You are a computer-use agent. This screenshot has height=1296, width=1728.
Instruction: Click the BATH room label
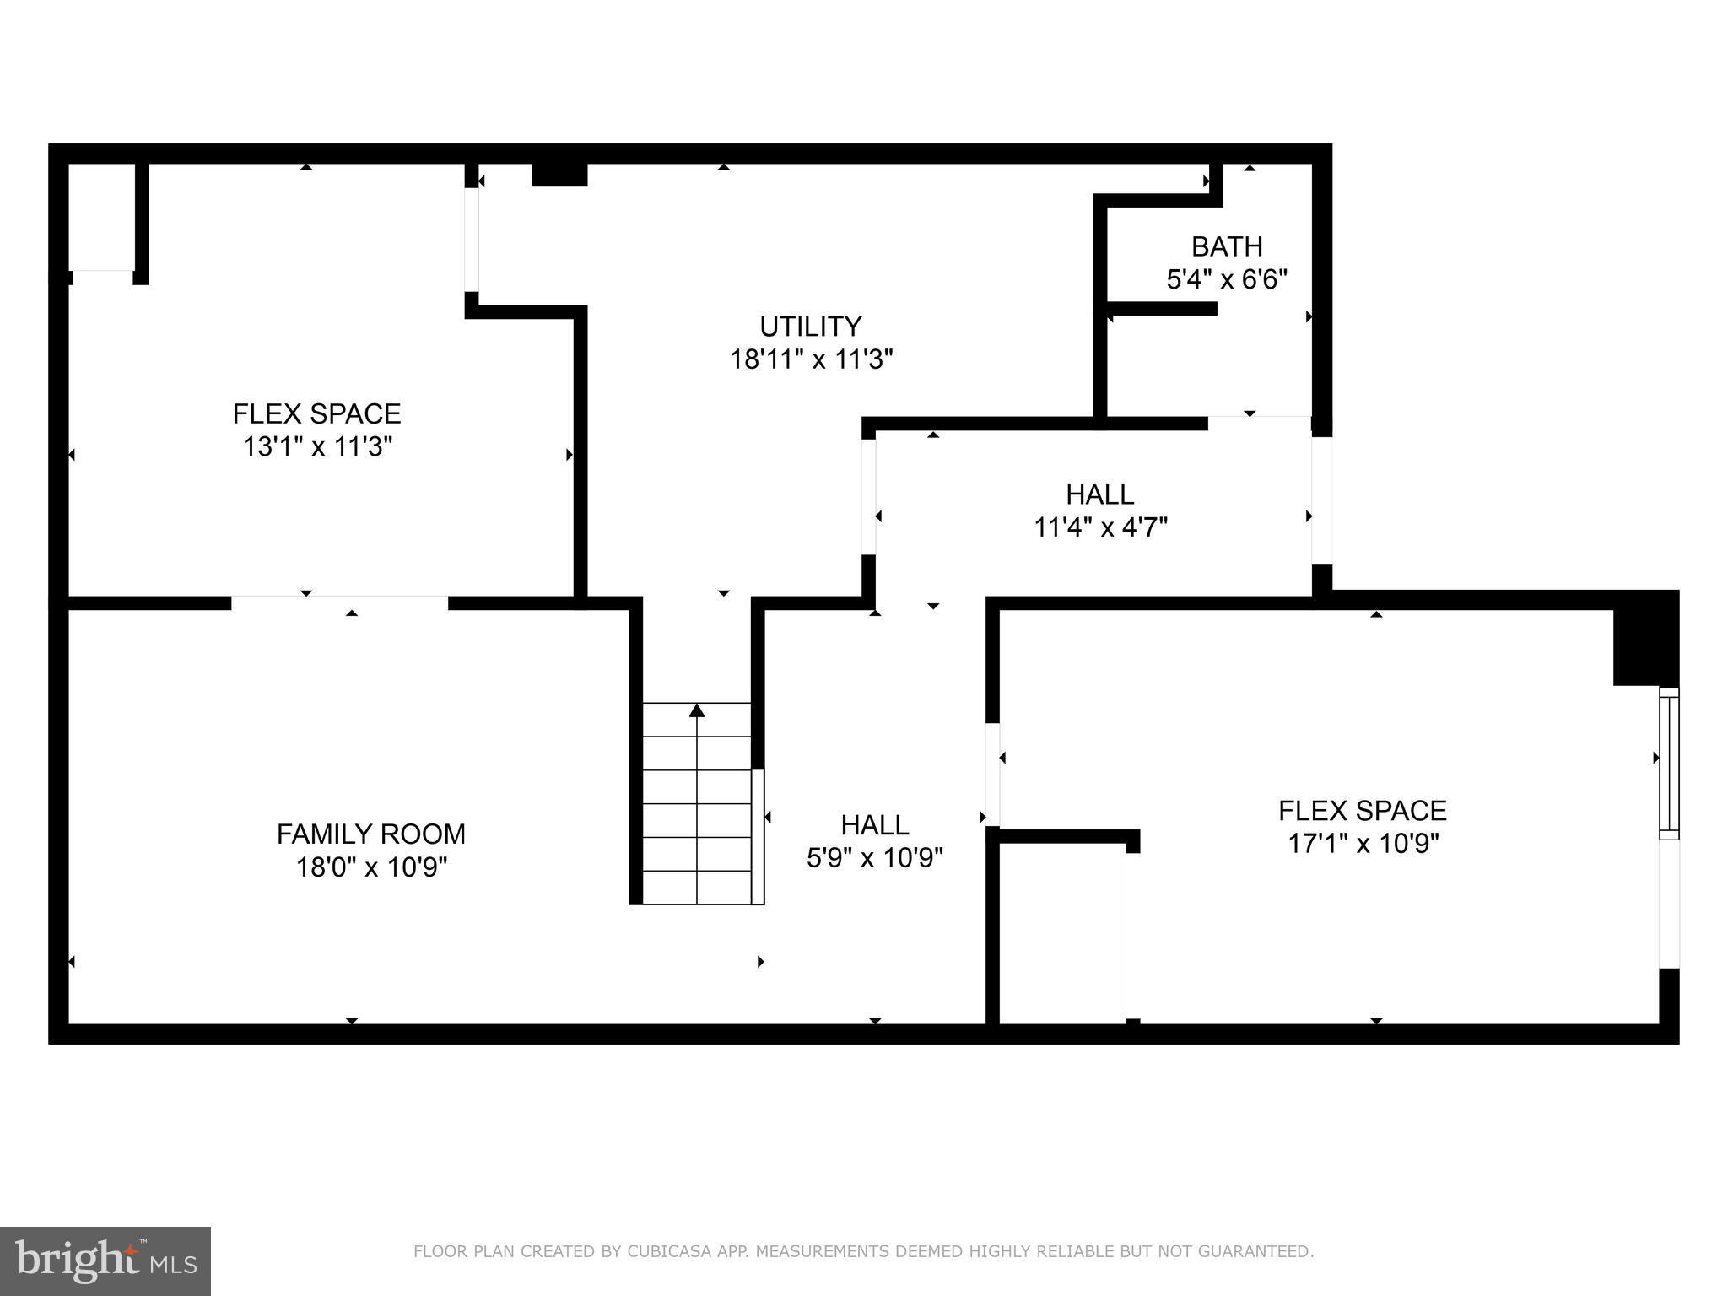(x=1227, y=246)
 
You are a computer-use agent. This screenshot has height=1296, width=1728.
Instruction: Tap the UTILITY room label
(x=810, y=327)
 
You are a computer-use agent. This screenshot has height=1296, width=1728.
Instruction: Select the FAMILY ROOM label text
(x=371, y=834)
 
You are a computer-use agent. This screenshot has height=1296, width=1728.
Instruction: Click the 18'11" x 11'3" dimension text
(x=811, y=360)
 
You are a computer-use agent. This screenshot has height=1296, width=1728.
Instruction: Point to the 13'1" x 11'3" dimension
(x=318, y=446)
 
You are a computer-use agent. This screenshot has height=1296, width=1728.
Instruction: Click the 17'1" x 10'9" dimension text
(x=1363, y=844)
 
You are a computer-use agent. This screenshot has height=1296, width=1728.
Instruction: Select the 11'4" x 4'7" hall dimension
(x=1100, y=528)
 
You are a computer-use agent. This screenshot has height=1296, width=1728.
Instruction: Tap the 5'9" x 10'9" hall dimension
(x=875, y=858)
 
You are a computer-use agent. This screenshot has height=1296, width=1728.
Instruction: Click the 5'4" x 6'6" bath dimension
(x=1227, y=279)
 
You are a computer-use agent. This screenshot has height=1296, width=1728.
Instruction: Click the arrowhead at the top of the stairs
(x=697, y=711)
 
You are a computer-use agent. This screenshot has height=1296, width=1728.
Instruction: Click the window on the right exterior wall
(x=1669, y=764)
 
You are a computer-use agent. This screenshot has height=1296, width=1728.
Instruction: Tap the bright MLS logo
(x=105, y=1261)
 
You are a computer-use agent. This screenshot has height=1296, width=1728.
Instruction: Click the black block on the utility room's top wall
(x=559, y=175)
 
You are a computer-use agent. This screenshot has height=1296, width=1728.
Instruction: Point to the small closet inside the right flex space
(x=1062, y=933)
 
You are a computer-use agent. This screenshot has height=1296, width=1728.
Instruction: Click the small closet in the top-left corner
(x=101, y=217)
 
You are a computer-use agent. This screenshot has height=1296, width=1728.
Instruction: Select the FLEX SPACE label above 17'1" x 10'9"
(x=1363, y=811)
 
